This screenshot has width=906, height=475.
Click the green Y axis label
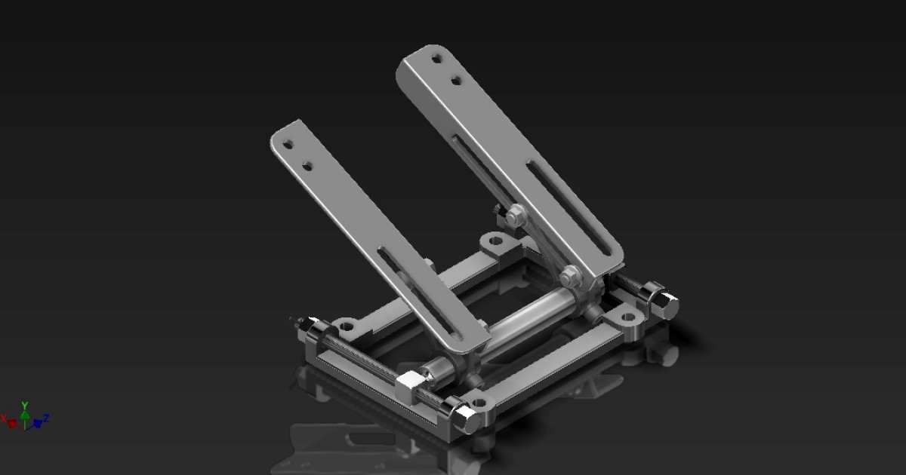pyautogui.click(x=25, y=405)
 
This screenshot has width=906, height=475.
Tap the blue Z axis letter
pyautogui.click(x=46, y=418)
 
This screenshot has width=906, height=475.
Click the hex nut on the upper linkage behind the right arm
pyautogui.click(x=515, y=216)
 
